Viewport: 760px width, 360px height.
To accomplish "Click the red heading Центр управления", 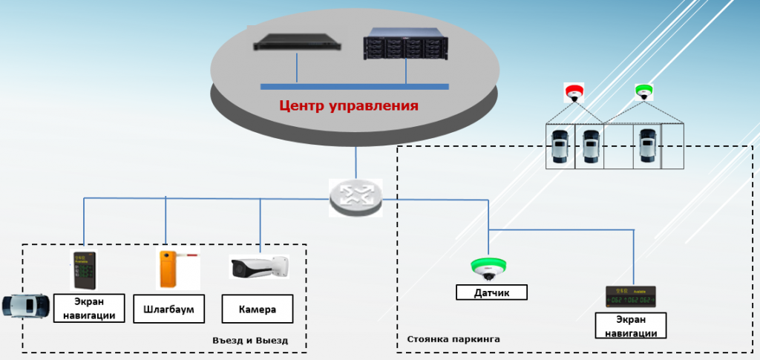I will [349, 105].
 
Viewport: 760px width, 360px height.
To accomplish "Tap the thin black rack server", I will [295, 42].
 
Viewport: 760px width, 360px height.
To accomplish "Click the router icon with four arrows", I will [356, 196].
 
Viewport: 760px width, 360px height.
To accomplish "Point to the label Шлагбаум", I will [170, 309].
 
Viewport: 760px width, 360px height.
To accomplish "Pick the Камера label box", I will [258, 309].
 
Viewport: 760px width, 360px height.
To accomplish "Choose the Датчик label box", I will [491, 292].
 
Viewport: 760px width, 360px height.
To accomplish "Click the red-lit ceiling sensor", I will [574, 93].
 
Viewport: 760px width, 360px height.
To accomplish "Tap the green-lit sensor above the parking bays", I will [643, 93].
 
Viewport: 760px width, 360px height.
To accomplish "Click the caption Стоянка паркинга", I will [453, 339].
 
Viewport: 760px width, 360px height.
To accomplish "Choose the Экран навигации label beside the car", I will [88, 309].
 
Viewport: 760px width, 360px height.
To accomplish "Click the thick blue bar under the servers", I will [354, 87].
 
